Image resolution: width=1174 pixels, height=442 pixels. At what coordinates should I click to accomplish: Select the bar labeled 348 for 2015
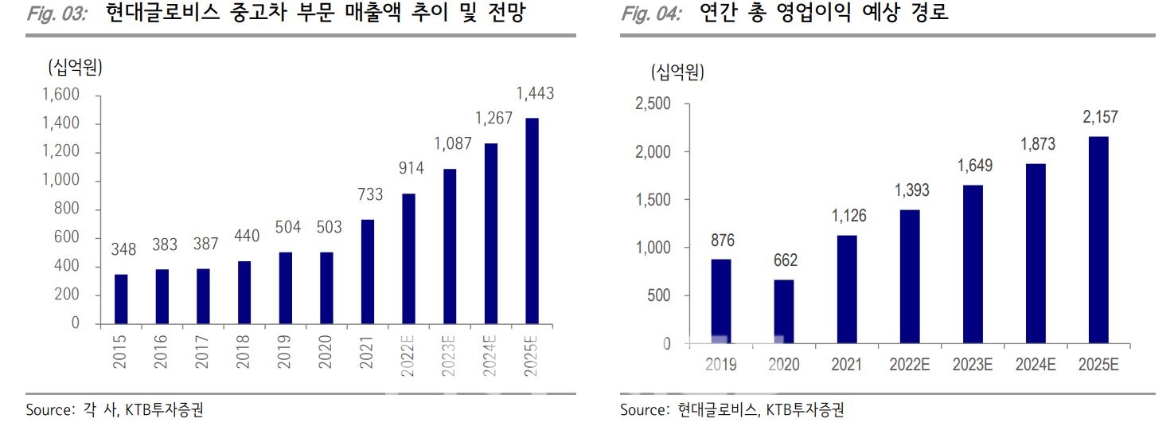tap(121, 299)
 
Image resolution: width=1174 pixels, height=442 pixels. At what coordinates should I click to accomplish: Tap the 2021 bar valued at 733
tap(368, 272)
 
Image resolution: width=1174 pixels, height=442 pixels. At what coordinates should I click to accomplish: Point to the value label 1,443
tap(536, 94)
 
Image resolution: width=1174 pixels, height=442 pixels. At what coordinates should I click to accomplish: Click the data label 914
tap(411, 168)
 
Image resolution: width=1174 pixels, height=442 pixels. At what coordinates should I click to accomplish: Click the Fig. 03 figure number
tap(57, 14)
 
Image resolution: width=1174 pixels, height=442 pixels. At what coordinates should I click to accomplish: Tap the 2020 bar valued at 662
tap(784, 312)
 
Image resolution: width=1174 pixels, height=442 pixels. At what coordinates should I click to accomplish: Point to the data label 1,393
tap(910, 191)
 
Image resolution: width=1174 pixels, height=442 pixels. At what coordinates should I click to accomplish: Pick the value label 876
tap(720, 241)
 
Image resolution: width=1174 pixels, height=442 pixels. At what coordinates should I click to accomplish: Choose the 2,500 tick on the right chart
tap(653, 104)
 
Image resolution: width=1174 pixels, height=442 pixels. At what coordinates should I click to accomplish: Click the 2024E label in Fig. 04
tap(1036, 365)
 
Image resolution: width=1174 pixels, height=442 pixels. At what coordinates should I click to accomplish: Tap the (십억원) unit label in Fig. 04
tap(677, 72)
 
